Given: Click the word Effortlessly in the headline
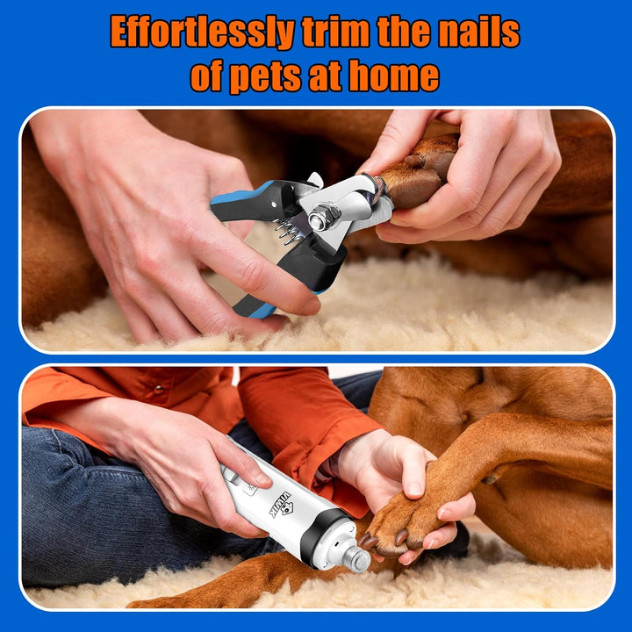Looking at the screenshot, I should (x=202, y=33).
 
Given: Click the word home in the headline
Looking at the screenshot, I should (x=393, y=77).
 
